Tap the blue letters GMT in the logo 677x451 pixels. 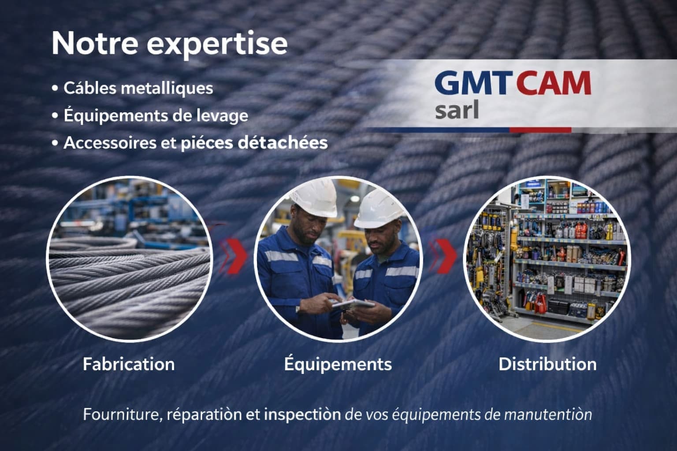[471, 83]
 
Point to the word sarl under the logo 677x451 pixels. [457, 111]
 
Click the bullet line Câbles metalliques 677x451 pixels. [138, 88]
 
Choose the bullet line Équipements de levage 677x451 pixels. [156, 116]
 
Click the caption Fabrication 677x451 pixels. [129, 364]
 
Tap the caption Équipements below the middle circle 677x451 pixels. [338, 364]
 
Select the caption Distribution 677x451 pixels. [547, 364]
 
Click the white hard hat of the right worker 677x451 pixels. [379, 209]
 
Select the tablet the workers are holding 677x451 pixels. [353, 304]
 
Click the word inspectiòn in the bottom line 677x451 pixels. [302, 414]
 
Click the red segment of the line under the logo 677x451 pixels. [540, 130]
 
